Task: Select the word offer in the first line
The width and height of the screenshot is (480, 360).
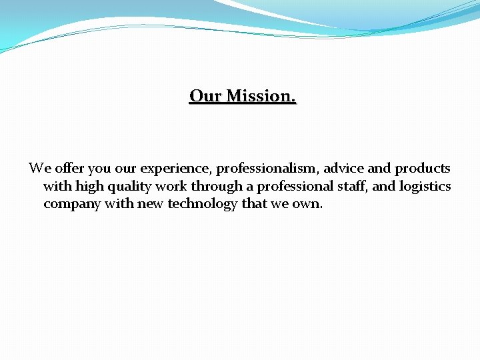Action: [x=65, y=168]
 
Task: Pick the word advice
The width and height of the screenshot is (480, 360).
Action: [x=343, y=168]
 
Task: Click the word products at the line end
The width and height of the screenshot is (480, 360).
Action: [x=422, y=169]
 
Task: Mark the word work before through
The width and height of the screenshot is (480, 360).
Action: [x=170, y=186]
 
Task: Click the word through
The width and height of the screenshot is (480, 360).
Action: [x=215, y=187]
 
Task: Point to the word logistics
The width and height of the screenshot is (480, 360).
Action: [x=425, y=187]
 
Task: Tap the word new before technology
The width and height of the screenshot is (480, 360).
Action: [x=151, y=204]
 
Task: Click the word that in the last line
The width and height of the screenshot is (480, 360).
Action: [x=254, y=204]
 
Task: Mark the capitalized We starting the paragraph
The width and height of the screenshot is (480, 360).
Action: [x=37, y=168]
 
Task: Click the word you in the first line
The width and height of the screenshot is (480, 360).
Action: [x=97, y=169]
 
